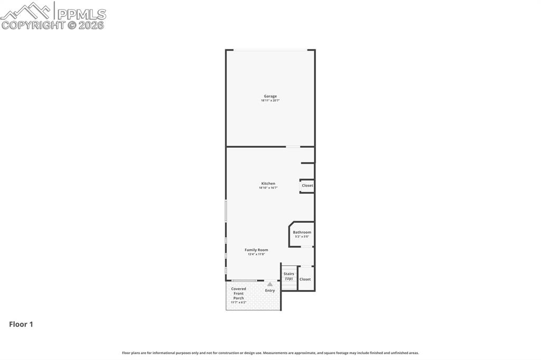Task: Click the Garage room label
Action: (x=270, y=96)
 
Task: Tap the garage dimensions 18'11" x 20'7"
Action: (x=270, y=100)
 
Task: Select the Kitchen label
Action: (x=268, y=184)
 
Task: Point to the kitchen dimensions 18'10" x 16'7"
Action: (x=268, y=188)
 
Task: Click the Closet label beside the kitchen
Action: (x=307, y=185)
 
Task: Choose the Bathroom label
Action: (x=302, y=232)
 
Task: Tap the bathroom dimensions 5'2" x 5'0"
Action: (x=302, y=236)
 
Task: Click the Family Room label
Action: (x=256, y=250)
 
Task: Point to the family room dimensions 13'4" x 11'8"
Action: (x=256, y=254)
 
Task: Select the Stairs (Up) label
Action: (x=288, y=276)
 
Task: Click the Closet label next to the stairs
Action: (x=305, y=279)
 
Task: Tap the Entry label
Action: (x=270, y=291)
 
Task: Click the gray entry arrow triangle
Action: (x=270, y=284)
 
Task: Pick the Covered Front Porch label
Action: (x=239, y=293)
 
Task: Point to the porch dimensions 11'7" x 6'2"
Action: (x=239, y=302)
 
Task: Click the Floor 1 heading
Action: (x=21, y=325)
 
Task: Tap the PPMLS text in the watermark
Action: (x=81, y=14)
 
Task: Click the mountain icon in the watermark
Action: (x=26, y=11)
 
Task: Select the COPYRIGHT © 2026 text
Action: (x=53, y=25)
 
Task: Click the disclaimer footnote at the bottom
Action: (x=270, y=353)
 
